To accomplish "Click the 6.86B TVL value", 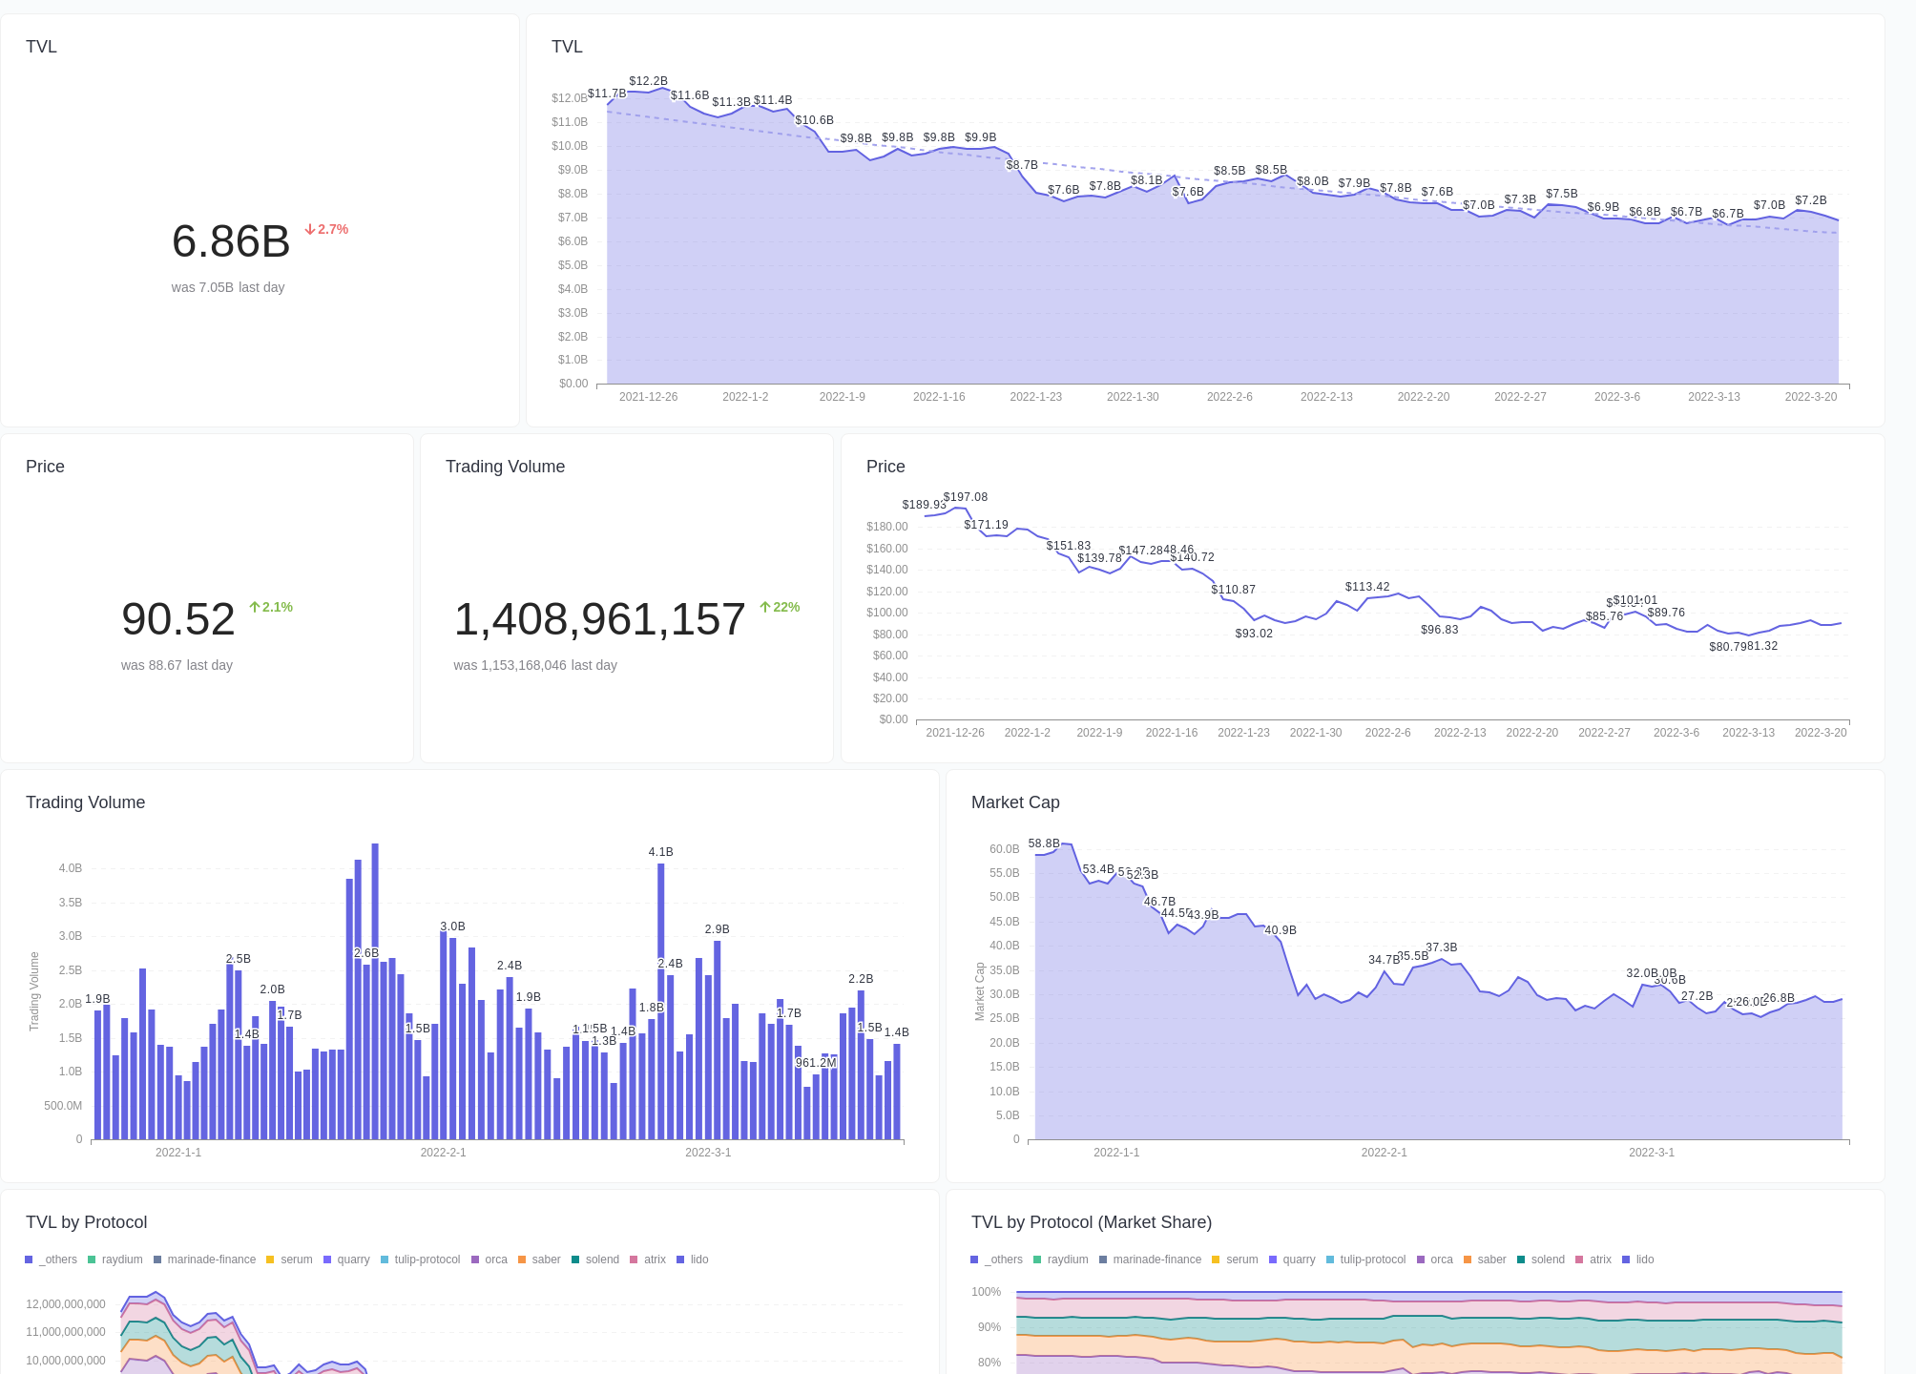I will (x=231, y=241).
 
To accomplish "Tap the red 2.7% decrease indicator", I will (x=326, y=230).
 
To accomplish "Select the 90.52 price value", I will (x=178, y=619).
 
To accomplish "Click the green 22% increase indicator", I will (x=780, y=608).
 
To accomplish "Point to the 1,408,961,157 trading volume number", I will (x=599, y=619).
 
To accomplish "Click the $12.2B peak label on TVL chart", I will (x=648, y=81).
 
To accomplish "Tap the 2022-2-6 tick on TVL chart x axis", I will (x=1229, y=397).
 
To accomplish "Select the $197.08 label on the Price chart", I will (x=966, y=497).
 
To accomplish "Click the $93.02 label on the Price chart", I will (x=1254, y=634).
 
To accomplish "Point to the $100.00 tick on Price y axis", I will (x=886, y=613).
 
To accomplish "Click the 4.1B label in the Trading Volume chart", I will (x=660, y=852).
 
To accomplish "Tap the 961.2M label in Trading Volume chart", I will (x=816, y=1063).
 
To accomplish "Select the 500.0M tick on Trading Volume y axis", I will (x=63, y=1106).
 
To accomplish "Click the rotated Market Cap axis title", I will (x=979, y=991).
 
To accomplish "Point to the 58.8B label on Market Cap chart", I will (x=1044, y=843).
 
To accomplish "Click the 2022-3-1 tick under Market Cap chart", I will (x=1651, y=1153).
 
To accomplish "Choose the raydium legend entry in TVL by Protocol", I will (x=115, y=1259).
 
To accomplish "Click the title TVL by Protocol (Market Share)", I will (x=1091, y=1222).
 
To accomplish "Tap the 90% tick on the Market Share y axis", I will (x=989, y=1327).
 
